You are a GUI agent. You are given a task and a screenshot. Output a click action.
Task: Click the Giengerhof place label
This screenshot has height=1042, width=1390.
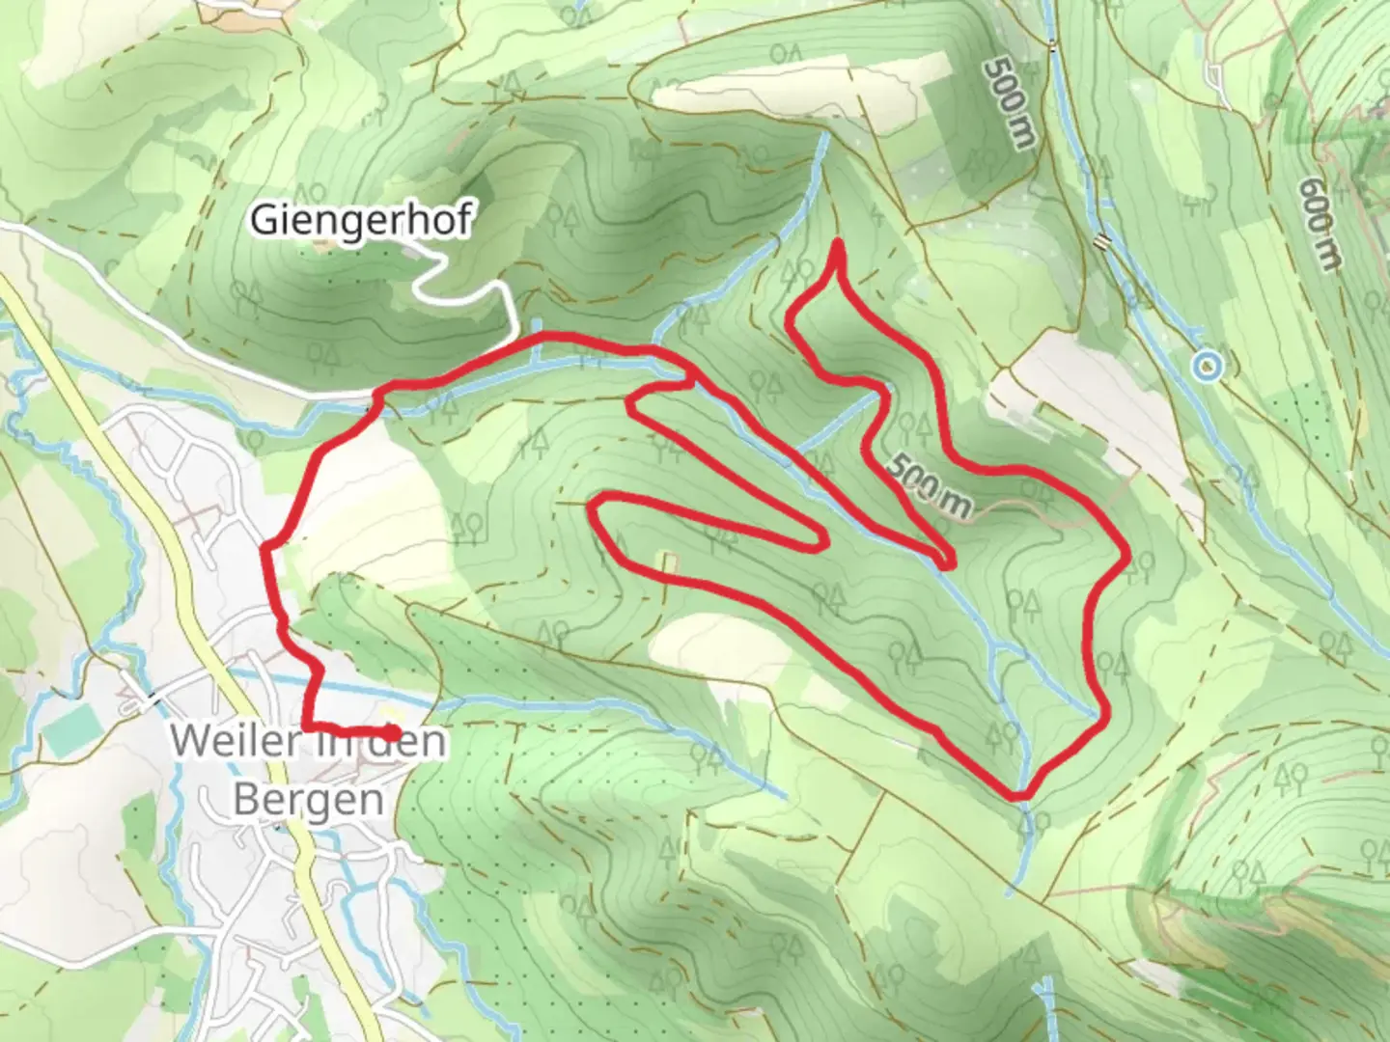coord(361,220)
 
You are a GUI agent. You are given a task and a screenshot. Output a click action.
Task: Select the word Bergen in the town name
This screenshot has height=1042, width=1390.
coord(308,799)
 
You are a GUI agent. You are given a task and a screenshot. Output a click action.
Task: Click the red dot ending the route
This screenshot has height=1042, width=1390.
coord(390,733)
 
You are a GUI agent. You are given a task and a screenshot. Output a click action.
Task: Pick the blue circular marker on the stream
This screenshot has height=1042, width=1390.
coord(1206,366)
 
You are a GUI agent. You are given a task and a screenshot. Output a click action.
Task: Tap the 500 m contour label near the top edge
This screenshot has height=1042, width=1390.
coord(1010,101)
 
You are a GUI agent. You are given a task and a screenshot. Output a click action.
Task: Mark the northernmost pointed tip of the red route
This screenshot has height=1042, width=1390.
coord(837,242)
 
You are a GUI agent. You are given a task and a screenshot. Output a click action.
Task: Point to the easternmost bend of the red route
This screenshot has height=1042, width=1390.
coord(1126,556)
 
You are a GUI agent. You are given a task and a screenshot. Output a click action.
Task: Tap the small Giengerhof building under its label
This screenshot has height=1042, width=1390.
coord(322,243)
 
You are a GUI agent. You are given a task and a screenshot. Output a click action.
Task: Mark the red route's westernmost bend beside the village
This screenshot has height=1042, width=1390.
coord(265,549)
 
